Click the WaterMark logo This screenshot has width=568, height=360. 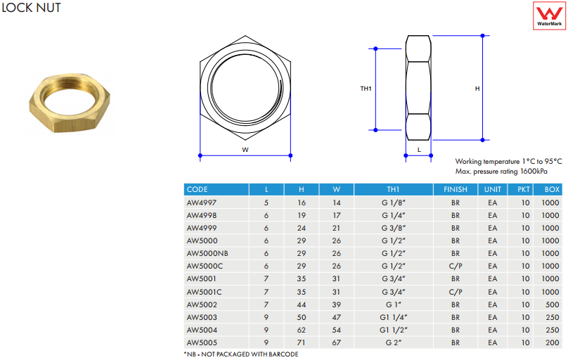click(x=549, y=15)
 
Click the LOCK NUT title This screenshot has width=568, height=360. click(x=31, y=8)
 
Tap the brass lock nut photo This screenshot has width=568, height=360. click(x=70, y=103)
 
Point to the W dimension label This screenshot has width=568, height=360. click(x=245, y=150)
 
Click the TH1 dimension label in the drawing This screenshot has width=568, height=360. click(x=366, y=89)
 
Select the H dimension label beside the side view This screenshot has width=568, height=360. click(x=477, y=89)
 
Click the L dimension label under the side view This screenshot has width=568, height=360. click(x=419, y=150)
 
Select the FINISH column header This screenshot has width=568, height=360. click(x=456, y=189)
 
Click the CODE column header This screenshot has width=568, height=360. click(x=197, y=189)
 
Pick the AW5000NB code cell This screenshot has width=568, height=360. click(x=207, y=253)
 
